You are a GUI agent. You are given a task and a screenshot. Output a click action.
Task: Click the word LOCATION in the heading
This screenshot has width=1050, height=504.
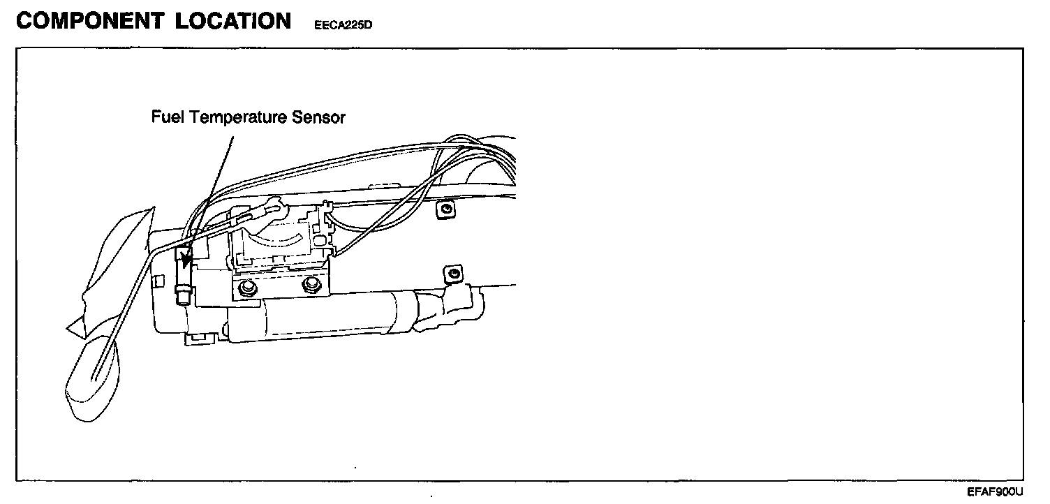[x=233, y=21]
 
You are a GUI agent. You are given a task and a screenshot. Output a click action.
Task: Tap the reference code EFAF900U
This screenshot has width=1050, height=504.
[x=995, y=491]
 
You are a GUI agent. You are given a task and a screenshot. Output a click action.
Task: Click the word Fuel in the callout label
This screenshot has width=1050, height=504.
[x=167, y=117]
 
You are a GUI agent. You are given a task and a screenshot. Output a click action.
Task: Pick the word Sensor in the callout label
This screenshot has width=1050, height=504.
[x=323, y=117]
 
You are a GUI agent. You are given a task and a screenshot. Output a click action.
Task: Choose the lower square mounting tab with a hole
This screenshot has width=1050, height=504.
[x=454, y=274]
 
